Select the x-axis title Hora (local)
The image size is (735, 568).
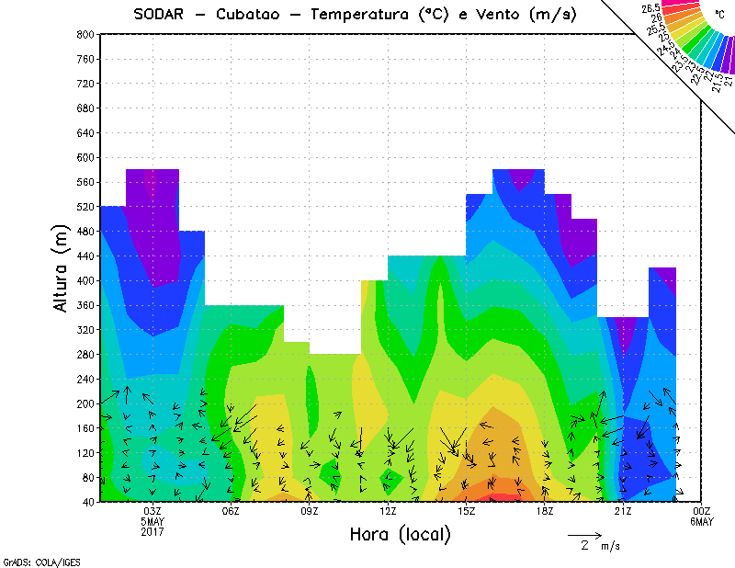point(400,534)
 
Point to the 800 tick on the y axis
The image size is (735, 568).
point(85,34)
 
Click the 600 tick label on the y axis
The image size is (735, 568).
point(85,157)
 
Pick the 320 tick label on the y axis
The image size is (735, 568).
point(85,329)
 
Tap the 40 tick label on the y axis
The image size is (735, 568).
point(88,502)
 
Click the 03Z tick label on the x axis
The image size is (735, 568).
point(153,511)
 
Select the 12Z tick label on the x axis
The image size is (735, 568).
point(389,511)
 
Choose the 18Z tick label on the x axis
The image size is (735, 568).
point(545,511)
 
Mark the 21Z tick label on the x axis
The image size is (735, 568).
point(624,511)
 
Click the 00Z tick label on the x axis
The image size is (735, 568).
point(702,511)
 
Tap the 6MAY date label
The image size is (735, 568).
point(702,521)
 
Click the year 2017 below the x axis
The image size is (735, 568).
point(153,531)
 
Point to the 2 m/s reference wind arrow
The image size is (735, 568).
point(584,534)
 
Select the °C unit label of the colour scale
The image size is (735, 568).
point(719,15)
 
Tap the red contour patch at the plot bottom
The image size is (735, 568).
point(502,498)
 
